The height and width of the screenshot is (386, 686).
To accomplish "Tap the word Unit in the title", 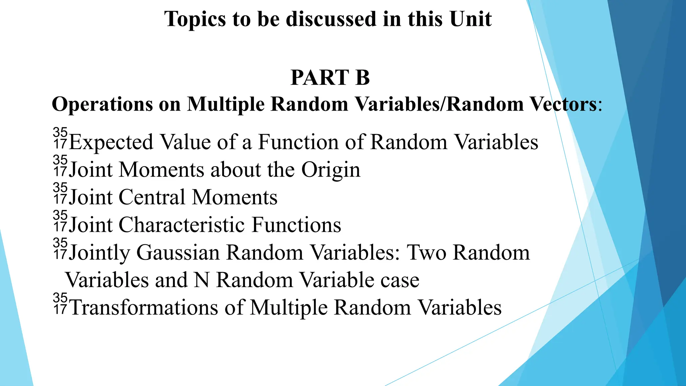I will click(x=471, y=19).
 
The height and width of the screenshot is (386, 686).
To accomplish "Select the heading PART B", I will click(x=330, y=78).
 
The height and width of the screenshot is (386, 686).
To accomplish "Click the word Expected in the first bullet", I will click(x=111, y=142).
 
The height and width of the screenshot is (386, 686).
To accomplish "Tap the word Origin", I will click(x=331, y=170).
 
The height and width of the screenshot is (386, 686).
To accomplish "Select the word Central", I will click(x=152, y=197).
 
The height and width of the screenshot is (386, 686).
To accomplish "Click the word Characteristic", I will click(x=182, y=225).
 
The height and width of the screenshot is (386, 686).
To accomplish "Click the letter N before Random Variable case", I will click(x=202, y=280).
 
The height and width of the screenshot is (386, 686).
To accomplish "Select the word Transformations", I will click(x=144, y=308).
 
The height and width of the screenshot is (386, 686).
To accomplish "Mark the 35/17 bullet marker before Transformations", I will click(x=60, y=304).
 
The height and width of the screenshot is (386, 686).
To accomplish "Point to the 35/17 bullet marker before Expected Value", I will click(x=60, y=138).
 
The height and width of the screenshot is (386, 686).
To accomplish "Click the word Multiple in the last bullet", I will click(x=289, y=308).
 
